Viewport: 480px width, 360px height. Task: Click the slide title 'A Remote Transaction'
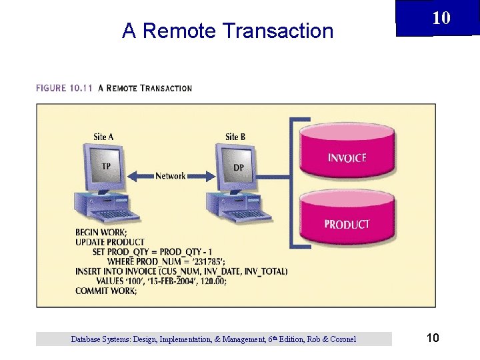227,31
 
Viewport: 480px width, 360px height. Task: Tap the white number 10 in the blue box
441,17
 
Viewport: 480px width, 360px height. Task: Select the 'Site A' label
103,137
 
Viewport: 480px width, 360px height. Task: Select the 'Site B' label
235,137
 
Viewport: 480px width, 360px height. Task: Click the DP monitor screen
237,167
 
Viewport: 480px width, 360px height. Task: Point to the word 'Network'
171,176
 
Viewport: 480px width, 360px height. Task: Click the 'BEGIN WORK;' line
101,233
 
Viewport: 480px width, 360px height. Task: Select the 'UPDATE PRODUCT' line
110,242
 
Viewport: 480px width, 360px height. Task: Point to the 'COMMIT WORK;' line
106,291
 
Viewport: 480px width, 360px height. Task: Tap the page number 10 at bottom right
432,339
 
